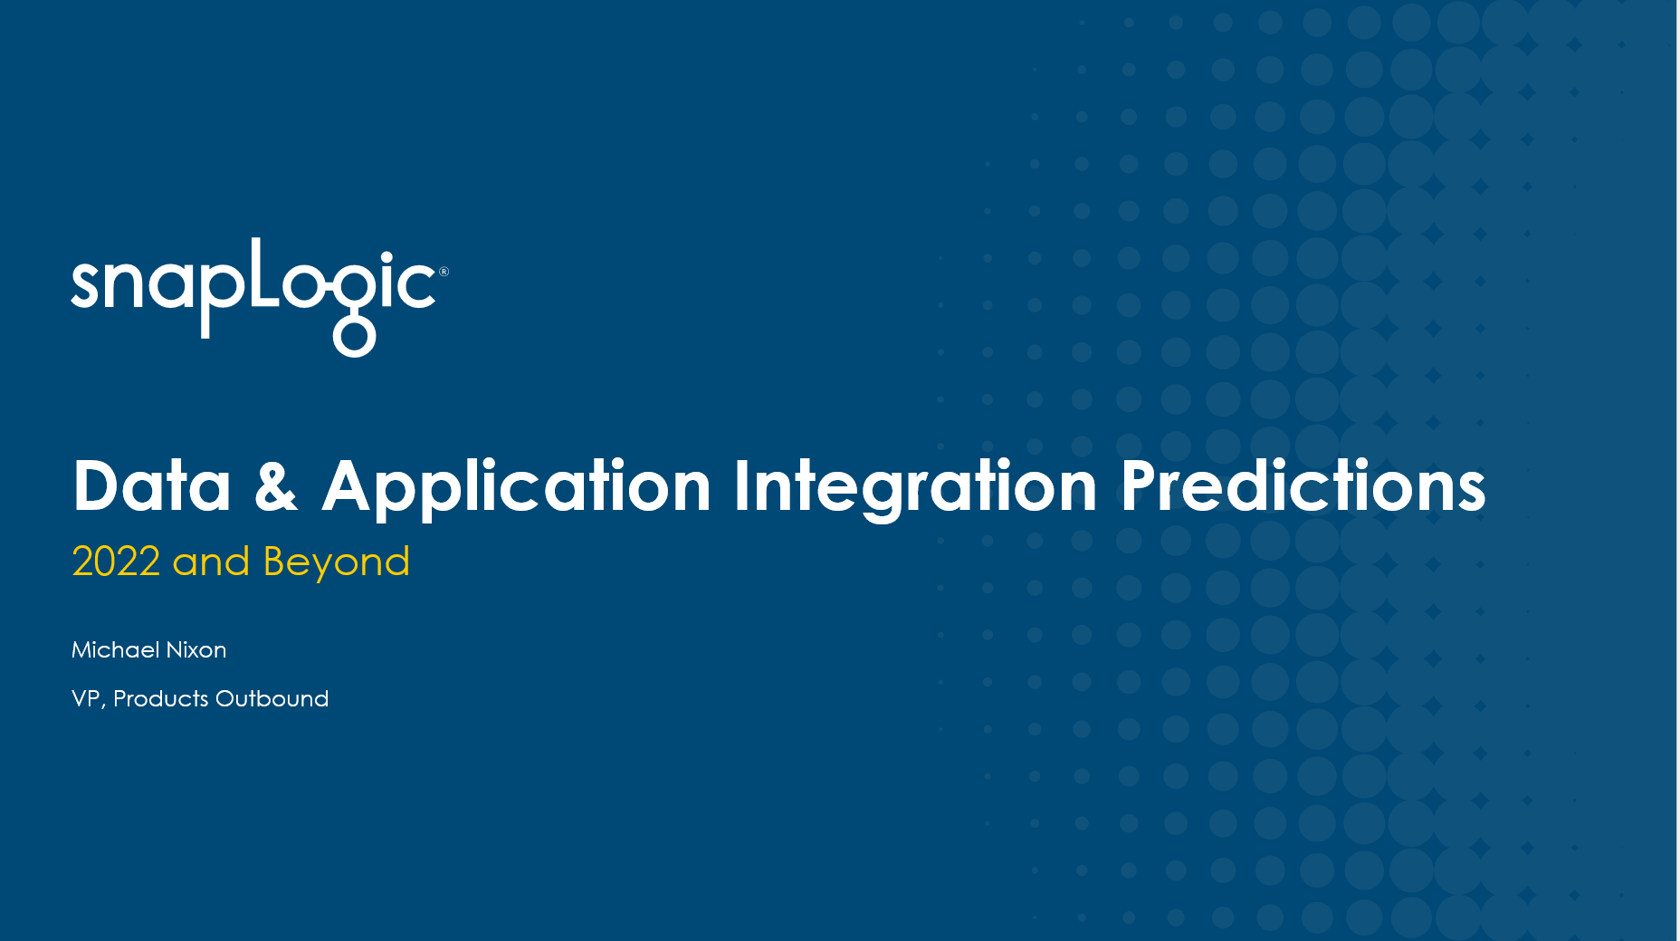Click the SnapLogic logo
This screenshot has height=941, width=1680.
[x=259, y=297]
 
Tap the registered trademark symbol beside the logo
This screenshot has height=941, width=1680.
[x=444, y=272]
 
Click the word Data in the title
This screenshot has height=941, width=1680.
[x=152, y=486]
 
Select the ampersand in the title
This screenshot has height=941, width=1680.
[x=276, y=486]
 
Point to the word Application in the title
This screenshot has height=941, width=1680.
[x=517, y=489]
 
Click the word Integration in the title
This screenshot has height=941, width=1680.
[x=915, y=489]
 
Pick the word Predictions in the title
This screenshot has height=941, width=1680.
[x=1303, y=486]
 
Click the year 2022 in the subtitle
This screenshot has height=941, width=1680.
[x=116, y=562]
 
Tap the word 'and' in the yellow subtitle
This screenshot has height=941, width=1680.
[x=211, y=562]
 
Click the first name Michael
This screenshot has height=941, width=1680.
[x=116, y=649]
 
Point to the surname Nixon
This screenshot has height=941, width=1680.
[x=196, y=649]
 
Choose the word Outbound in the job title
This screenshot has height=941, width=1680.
[x=272, y=698]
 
